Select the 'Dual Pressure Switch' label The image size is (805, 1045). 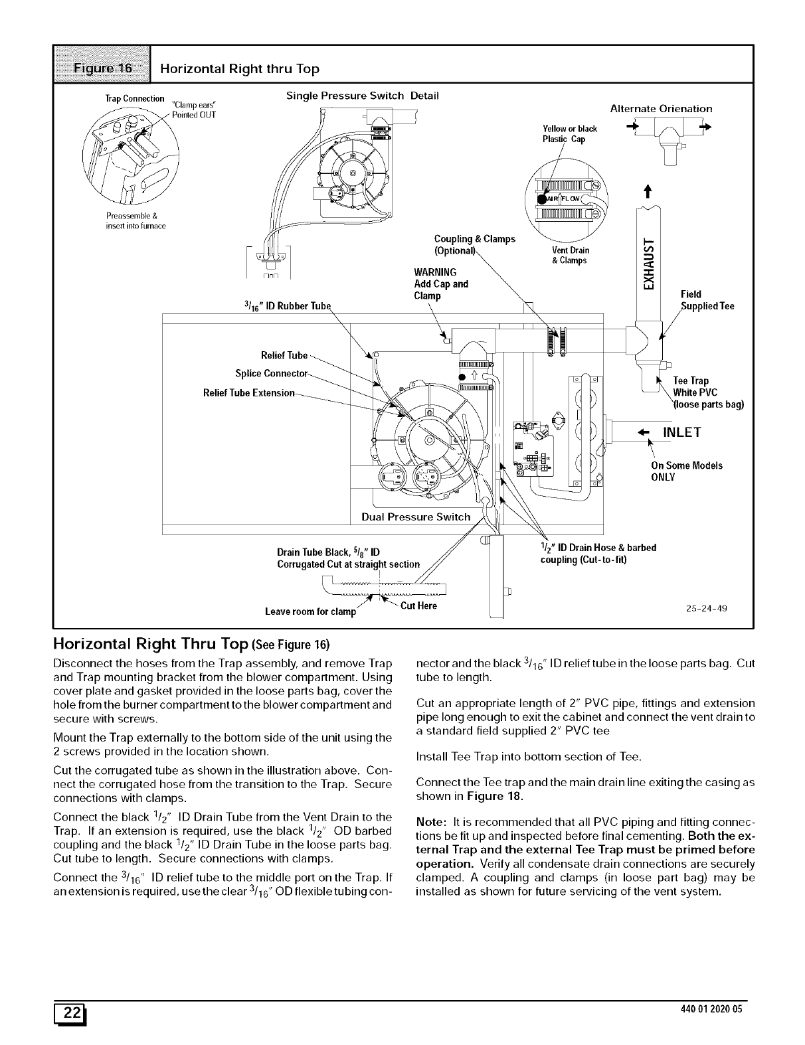click(x=416, y=517)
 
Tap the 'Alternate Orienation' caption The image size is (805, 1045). click(x=661, y=108)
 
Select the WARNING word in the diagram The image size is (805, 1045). click(x=435, y=272)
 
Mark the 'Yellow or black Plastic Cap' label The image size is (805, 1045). click(x=569, y=134)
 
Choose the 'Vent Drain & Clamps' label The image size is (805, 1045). click(x=570, y=255)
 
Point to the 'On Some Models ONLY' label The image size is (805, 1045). click(x=687, y=471)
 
